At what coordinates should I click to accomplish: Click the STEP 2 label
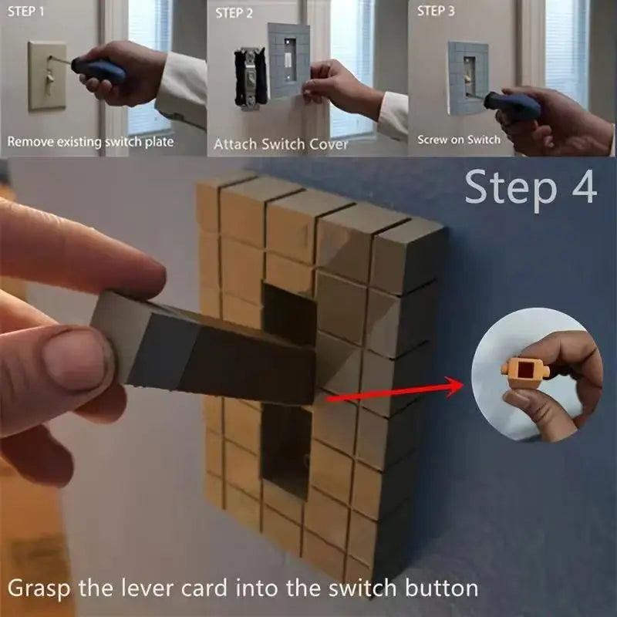point(234,13)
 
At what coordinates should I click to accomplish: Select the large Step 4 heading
point(531,188)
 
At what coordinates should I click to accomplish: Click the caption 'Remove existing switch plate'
point(91,142)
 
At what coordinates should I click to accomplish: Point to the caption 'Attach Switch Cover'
point(281,143)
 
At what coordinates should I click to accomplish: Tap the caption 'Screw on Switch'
point(459,140)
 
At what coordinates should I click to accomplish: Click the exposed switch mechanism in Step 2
point(248,77)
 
